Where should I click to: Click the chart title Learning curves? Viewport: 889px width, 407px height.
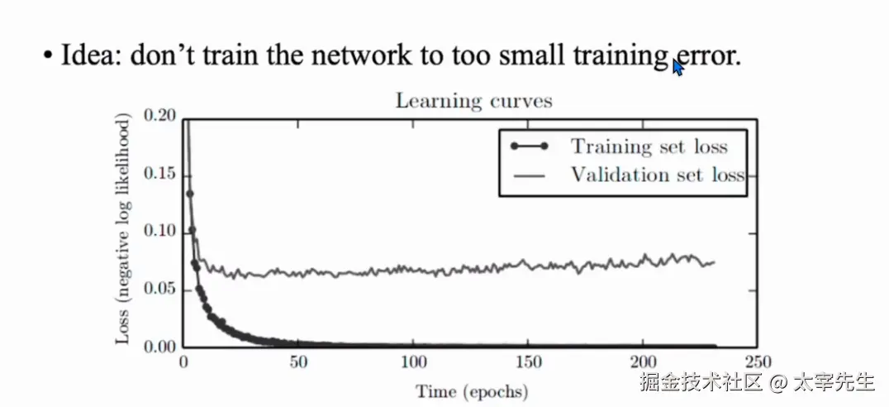[x=473, y=102]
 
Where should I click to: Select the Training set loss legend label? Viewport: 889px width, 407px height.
[x=649, y=147]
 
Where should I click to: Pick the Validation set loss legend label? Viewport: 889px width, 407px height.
[x=657, y=175]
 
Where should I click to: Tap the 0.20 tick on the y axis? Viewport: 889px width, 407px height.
[x=160, y=116]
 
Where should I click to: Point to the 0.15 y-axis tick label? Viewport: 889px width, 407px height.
[x=160, y=174]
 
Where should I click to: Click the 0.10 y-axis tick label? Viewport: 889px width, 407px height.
[x=160, y=232]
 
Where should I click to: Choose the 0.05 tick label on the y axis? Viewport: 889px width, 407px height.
[x=160, y=289]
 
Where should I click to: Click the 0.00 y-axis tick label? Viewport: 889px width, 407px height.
[x=160, y=347]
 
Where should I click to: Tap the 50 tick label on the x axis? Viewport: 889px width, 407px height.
[x=299, y=362]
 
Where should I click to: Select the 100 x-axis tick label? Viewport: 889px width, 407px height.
[x=414, y=362]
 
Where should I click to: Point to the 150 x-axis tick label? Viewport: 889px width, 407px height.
[x=529, y=362]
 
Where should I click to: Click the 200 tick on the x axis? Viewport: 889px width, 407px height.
[x=644, y=362]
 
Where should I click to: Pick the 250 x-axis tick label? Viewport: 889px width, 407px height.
[x=758, y=362]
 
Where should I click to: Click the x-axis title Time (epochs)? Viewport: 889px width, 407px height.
[x=472, y=390]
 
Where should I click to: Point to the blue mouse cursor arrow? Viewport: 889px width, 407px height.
[x=677, y=67]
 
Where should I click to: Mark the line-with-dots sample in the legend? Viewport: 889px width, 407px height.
[x=529, y=147]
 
